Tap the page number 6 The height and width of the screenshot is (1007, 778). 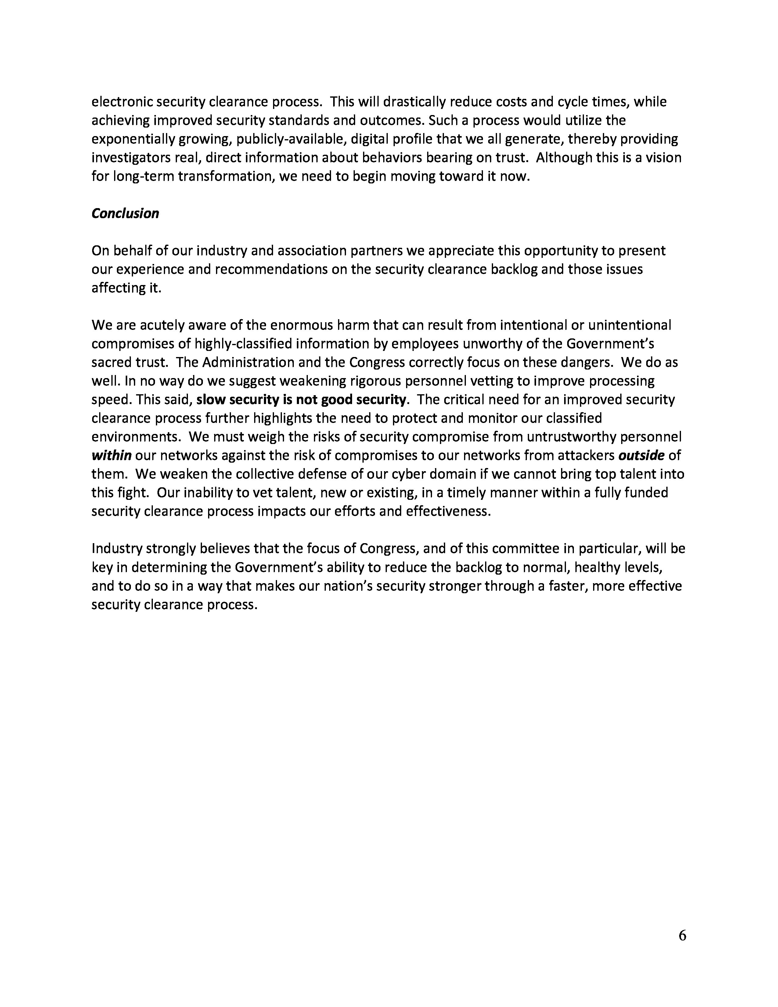(x=682, y=936)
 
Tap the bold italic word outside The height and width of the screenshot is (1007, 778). (x=641, y=456)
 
